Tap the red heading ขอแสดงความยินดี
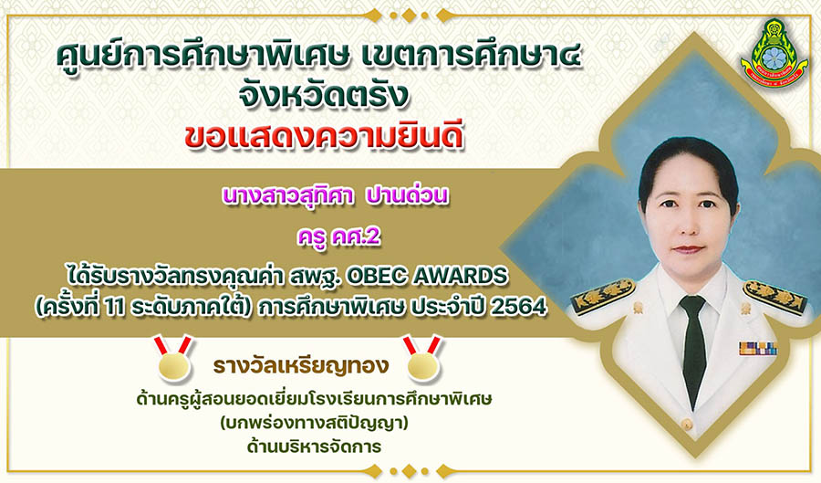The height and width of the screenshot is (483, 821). (x=324, y=137)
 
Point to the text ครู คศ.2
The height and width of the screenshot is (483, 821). (x=338, y=236)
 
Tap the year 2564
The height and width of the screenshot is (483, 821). (x=519, y=308)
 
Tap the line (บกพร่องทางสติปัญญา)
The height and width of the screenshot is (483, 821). (x=314, y=423)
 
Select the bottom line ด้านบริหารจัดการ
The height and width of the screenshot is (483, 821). (x=314, y=446)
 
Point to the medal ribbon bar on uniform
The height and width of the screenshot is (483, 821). (x=758, y=349)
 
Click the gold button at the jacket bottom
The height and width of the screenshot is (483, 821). (x=686, y=423)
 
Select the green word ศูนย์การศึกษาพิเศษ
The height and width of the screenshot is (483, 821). (x=203, y=57)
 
